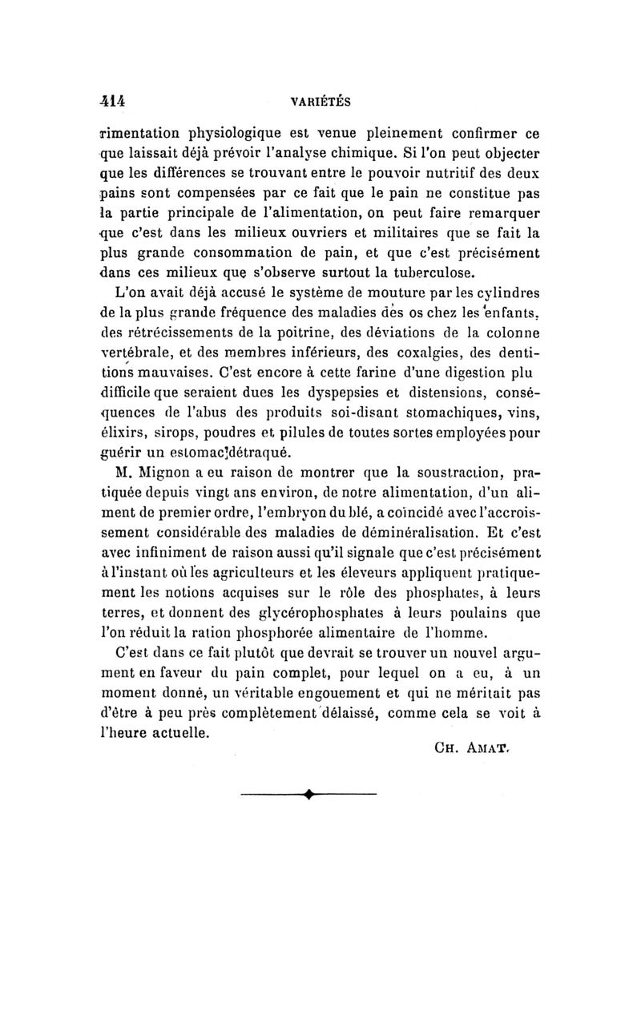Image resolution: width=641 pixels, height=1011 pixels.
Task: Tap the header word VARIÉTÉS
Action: point(323,102)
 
